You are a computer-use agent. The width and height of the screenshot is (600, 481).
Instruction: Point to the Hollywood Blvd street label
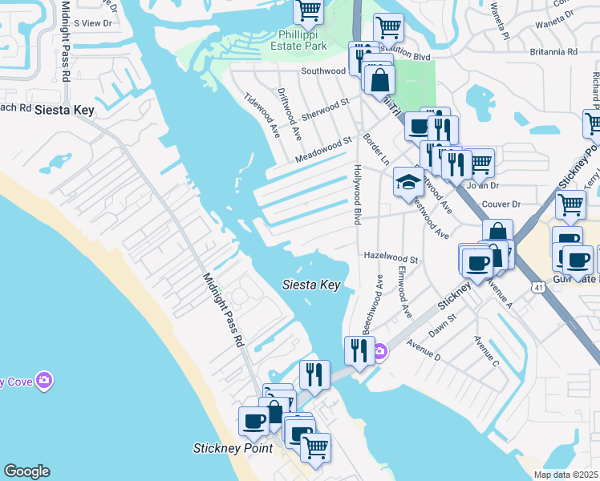coord(358,195)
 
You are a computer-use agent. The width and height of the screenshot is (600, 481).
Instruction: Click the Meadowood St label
coord(324,150)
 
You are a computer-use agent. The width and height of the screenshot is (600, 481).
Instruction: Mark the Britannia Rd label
coord(553,51)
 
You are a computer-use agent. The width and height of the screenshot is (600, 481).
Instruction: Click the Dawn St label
coord(442,322)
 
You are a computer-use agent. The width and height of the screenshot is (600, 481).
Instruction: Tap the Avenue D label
coord(424,348)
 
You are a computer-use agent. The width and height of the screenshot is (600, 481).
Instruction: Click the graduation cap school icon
coord(407,181)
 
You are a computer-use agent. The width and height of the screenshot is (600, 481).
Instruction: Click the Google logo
coord(26,471)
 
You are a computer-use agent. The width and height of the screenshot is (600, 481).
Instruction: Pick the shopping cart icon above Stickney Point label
coord(315,446)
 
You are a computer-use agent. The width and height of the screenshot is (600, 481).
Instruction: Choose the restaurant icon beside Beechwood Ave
coord(359,350)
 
